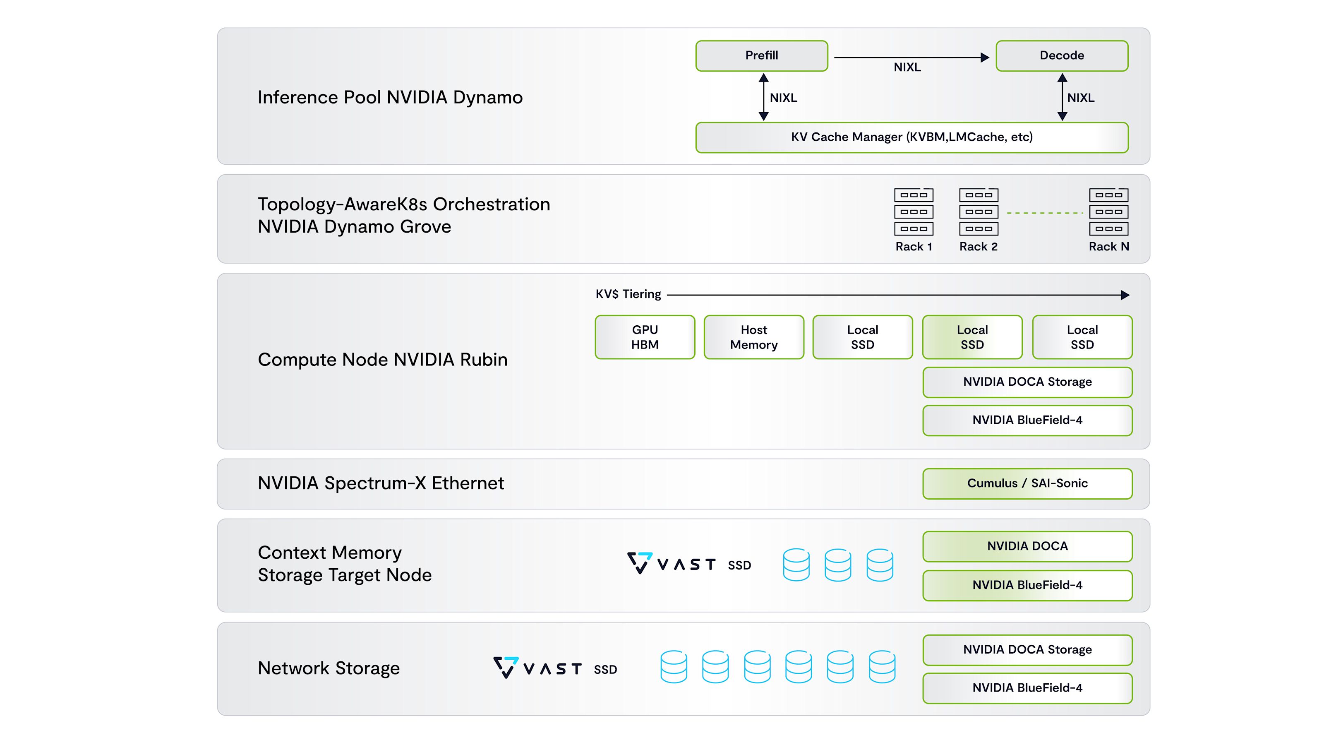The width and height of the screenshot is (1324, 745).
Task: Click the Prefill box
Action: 762,55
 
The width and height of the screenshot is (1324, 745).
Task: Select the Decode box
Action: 1062,55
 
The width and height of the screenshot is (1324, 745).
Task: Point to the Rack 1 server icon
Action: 913,212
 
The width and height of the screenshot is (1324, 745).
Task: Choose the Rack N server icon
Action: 1109,212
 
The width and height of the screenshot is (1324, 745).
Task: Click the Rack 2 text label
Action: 978,247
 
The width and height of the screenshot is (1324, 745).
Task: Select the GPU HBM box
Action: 645,337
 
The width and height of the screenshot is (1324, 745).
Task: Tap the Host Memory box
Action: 754,337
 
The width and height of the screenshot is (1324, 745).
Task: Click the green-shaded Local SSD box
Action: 972,337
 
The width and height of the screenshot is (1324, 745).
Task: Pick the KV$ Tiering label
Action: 628,294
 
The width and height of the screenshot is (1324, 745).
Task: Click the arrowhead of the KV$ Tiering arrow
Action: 1125,295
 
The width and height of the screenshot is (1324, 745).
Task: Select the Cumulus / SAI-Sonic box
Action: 1027,484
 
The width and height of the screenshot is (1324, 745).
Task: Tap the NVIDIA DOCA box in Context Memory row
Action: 1027,546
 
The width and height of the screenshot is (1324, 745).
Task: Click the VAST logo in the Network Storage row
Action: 537,668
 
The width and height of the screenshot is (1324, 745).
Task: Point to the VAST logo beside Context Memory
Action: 671,563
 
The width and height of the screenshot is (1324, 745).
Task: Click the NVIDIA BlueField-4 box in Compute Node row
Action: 1027,421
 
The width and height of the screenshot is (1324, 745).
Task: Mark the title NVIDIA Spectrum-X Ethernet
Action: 381,483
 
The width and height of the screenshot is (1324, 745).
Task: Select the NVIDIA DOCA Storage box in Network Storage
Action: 1027,650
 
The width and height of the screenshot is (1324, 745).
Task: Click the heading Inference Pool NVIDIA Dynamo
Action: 390,97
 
